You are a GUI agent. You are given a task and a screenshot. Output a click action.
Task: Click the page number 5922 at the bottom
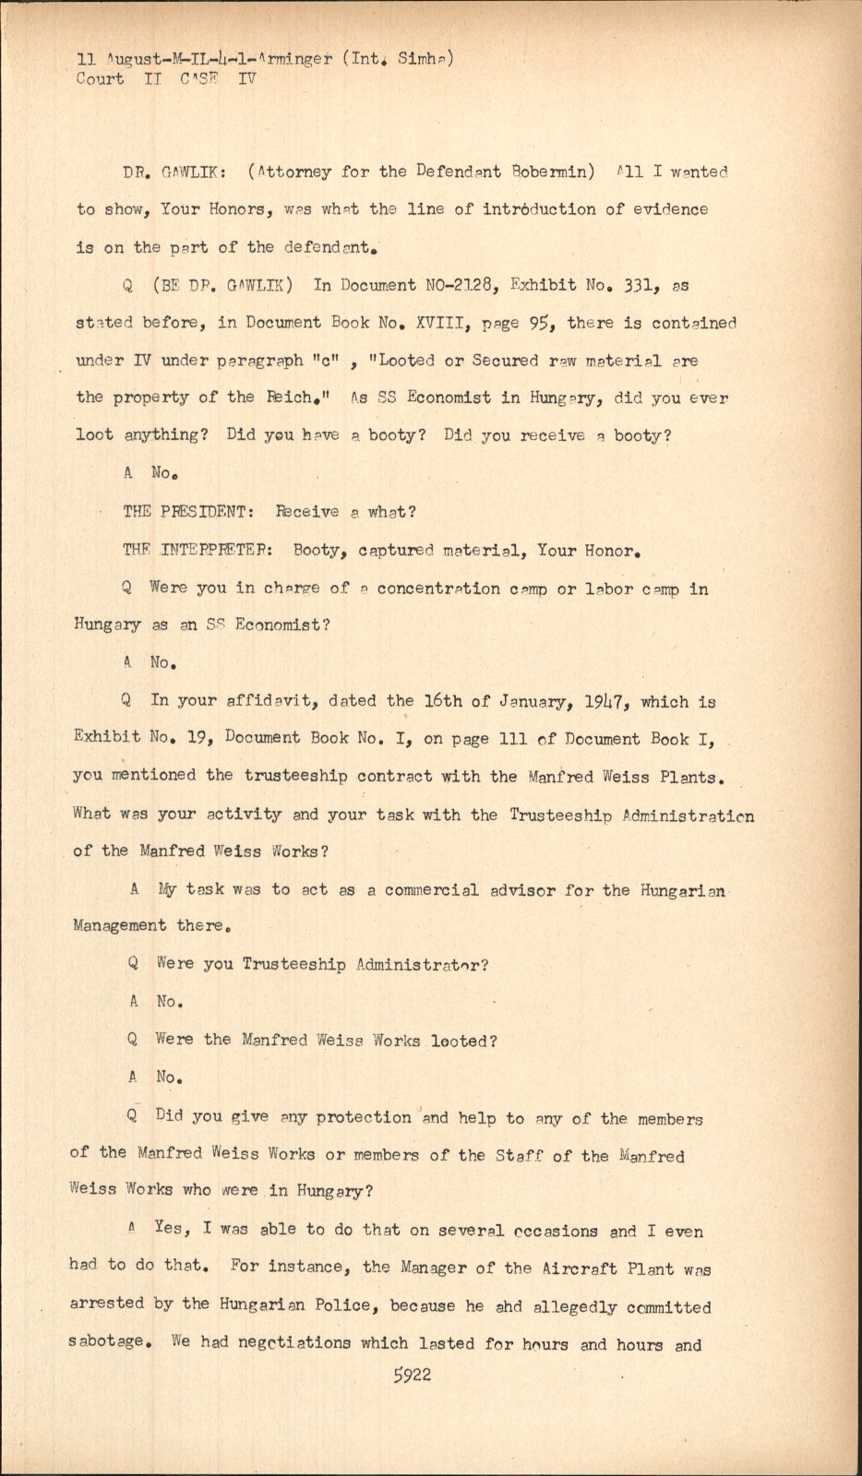click(412, 1375)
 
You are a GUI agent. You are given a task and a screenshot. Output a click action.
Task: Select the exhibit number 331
click(637, 285)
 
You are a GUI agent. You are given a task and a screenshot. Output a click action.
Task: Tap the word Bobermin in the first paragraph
click(553, 172)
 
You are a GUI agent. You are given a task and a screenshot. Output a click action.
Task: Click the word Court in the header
click(99, 79)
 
